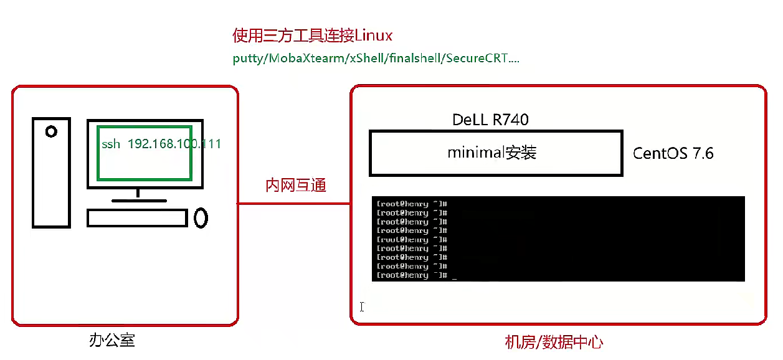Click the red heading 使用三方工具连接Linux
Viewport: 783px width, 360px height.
(x=312, y=35)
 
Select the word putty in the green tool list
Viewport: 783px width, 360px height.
(x=248, y=59)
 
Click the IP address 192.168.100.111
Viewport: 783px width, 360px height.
(x=174, y=144)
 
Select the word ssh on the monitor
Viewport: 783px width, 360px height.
(x=112, y=144)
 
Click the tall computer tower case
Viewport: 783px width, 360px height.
(x=52, y=172)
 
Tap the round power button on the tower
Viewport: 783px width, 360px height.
(x=51, y=131)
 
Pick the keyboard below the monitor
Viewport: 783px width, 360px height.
(x=137, y=217)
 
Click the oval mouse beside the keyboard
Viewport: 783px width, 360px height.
(x=201, y=217)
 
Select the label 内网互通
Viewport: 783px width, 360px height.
(x=296, y=185)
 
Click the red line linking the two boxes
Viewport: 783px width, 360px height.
(x=293, y=203)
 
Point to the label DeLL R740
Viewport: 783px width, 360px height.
(x=491, y=120)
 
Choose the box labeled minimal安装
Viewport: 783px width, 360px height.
(x=496, y=153)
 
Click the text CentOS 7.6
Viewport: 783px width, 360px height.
(x=673, y=153)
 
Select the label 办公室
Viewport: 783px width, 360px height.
(x=112, y=341)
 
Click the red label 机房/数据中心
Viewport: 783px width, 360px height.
(x=554, y=342)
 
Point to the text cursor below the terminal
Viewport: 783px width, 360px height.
(x=362, y=306)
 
